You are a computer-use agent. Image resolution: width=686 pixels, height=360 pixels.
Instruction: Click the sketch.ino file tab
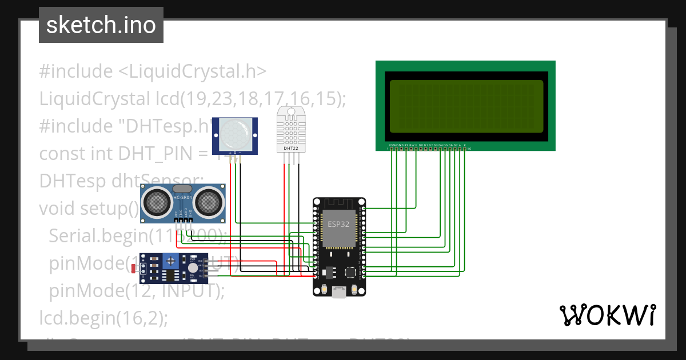[101, 25]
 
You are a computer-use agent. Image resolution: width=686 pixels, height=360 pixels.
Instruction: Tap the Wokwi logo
[607, 315]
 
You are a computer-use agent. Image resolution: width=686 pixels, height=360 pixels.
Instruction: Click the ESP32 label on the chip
[338, 224]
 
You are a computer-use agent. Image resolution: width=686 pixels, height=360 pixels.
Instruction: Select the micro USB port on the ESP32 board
[339, 293]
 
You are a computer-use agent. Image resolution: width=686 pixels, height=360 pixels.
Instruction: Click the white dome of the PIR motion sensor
[235, 135]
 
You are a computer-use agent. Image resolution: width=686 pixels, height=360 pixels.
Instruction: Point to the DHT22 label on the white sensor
[290, 149]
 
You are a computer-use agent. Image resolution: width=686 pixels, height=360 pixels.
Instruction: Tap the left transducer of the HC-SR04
[156, 201]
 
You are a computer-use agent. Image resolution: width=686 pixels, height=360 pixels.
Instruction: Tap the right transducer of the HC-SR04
[208, 201]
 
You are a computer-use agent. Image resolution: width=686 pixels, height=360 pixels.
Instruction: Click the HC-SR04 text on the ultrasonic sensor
[182, 198]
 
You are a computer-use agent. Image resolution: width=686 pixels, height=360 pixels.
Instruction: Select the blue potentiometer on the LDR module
[170, 262]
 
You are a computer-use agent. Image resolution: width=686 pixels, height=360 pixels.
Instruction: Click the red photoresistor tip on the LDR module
[133, 267]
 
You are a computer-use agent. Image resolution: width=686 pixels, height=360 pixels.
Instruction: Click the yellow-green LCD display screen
[466, 106]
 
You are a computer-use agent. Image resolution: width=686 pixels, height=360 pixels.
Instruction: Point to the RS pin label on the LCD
[406, 145]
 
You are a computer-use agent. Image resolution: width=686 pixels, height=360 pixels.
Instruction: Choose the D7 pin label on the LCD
[456, 145]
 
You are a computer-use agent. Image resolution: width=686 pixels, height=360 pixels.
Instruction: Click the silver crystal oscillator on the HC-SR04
[182, 189]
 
